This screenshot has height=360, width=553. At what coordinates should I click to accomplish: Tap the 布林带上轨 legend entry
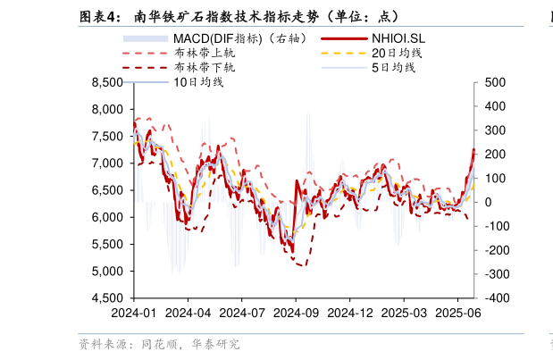pos(205,54)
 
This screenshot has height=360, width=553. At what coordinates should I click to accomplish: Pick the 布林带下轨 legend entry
pos(205,68)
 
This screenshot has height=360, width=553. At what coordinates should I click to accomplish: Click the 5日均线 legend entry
pos(393,68)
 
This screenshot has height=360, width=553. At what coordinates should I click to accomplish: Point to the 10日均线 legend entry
pos(198,82)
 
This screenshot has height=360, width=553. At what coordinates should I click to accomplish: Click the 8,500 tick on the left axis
pos(107,82)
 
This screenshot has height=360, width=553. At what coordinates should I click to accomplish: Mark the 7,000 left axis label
pos(107,163)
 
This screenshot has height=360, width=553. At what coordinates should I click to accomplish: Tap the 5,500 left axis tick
pos(107,244)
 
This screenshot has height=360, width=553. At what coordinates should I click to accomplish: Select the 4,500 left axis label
pos(107,298)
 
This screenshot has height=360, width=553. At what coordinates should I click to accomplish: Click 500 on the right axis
pos(495,82)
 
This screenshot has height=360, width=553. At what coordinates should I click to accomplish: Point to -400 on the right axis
pos(495,298)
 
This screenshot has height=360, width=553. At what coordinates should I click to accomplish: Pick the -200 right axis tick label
pos(495,250)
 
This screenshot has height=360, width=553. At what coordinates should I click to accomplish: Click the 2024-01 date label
pos(133,314)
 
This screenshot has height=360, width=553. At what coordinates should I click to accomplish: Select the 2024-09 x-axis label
pos(296,314)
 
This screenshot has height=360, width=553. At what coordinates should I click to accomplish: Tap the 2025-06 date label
pos(458,314)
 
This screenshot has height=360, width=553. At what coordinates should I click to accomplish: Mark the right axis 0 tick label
pos(488,202)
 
